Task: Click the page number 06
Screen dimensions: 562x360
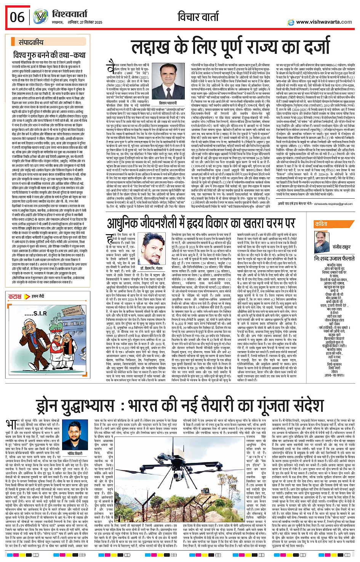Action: pos(17,17)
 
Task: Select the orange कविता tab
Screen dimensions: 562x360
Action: pos(322,224)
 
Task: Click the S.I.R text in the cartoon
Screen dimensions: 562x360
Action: pos(40,314)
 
